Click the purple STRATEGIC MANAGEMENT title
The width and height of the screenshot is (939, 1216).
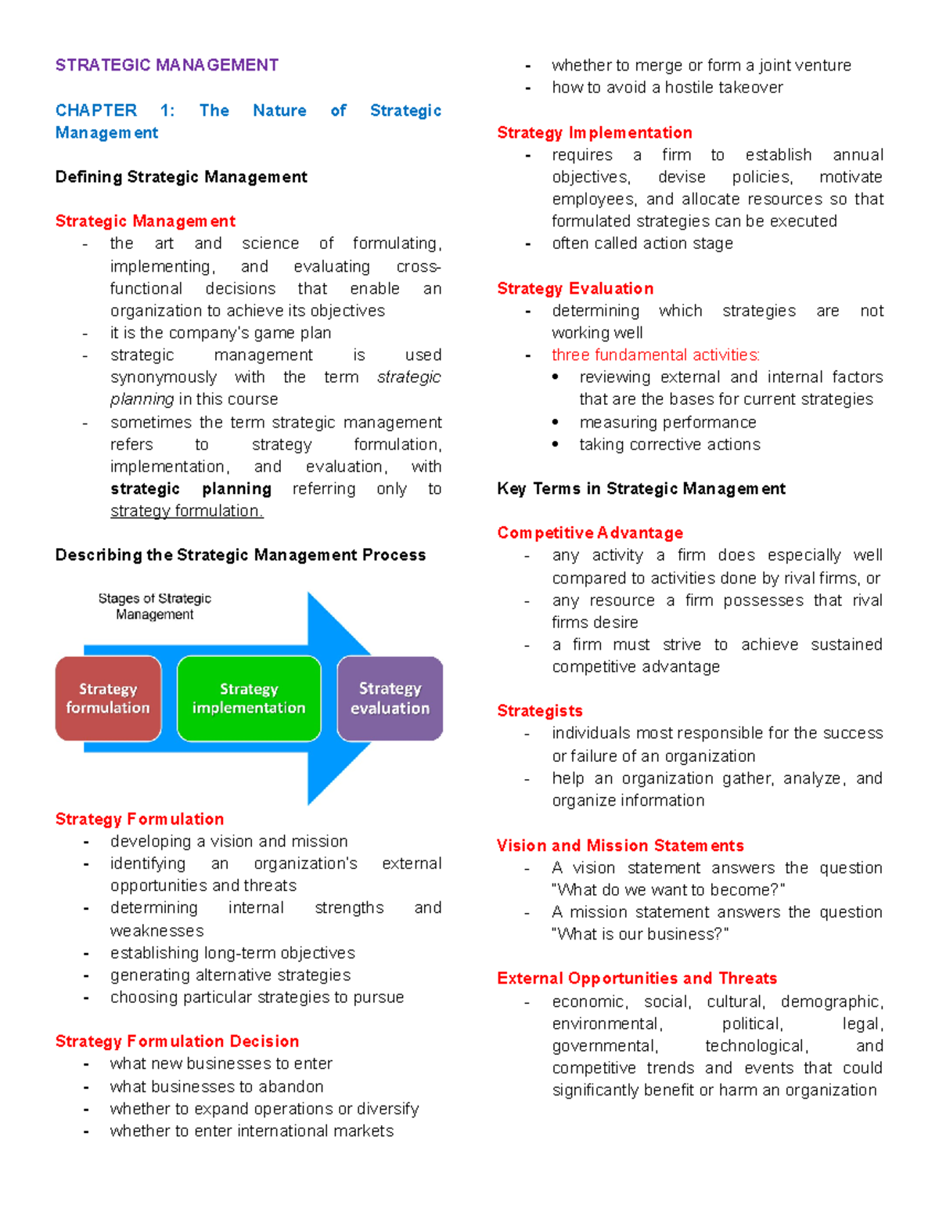point(167,65)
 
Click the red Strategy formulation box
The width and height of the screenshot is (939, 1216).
point(108,698)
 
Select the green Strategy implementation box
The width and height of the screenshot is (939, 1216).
point(249,698)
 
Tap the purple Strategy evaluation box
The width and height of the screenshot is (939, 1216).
point(390,698)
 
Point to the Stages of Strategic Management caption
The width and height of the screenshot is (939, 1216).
point(154,606)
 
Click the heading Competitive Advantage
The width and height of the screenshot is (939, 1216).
point(590,533)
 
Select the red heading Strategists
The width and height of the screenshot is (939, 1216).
point(540,711)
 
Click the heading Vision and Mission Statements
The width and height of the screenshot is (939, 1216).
point(620,846)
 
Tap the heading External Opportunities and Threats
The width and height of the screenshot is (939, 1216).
point(637,979)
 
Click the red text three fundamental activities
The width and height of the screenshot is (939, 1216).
point(656,355)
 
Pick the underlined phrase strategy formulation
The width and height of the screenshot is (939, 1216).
point(186,511)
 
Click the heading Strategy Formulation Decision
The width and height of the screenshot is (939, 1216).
point(177,1041)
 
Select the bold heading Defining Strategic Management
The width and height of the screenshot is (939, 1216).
point(181,177)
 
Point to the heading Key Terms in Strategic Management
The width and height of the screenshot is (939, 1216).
point(641,489)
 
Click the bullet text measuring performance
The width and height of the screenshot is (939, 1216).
point(667,423)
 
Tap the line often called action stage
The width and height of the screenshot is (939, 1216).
point(642,244)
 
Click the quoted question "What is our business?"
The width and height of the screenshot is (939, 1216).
point(640,934)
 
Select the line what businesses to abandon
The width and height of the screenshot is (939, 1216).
point(217,1087)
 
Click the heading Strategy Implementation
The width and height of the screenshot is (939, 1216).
point(595,132)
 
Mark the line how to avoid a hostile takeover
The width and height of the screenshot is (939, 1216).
point(667,88)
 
